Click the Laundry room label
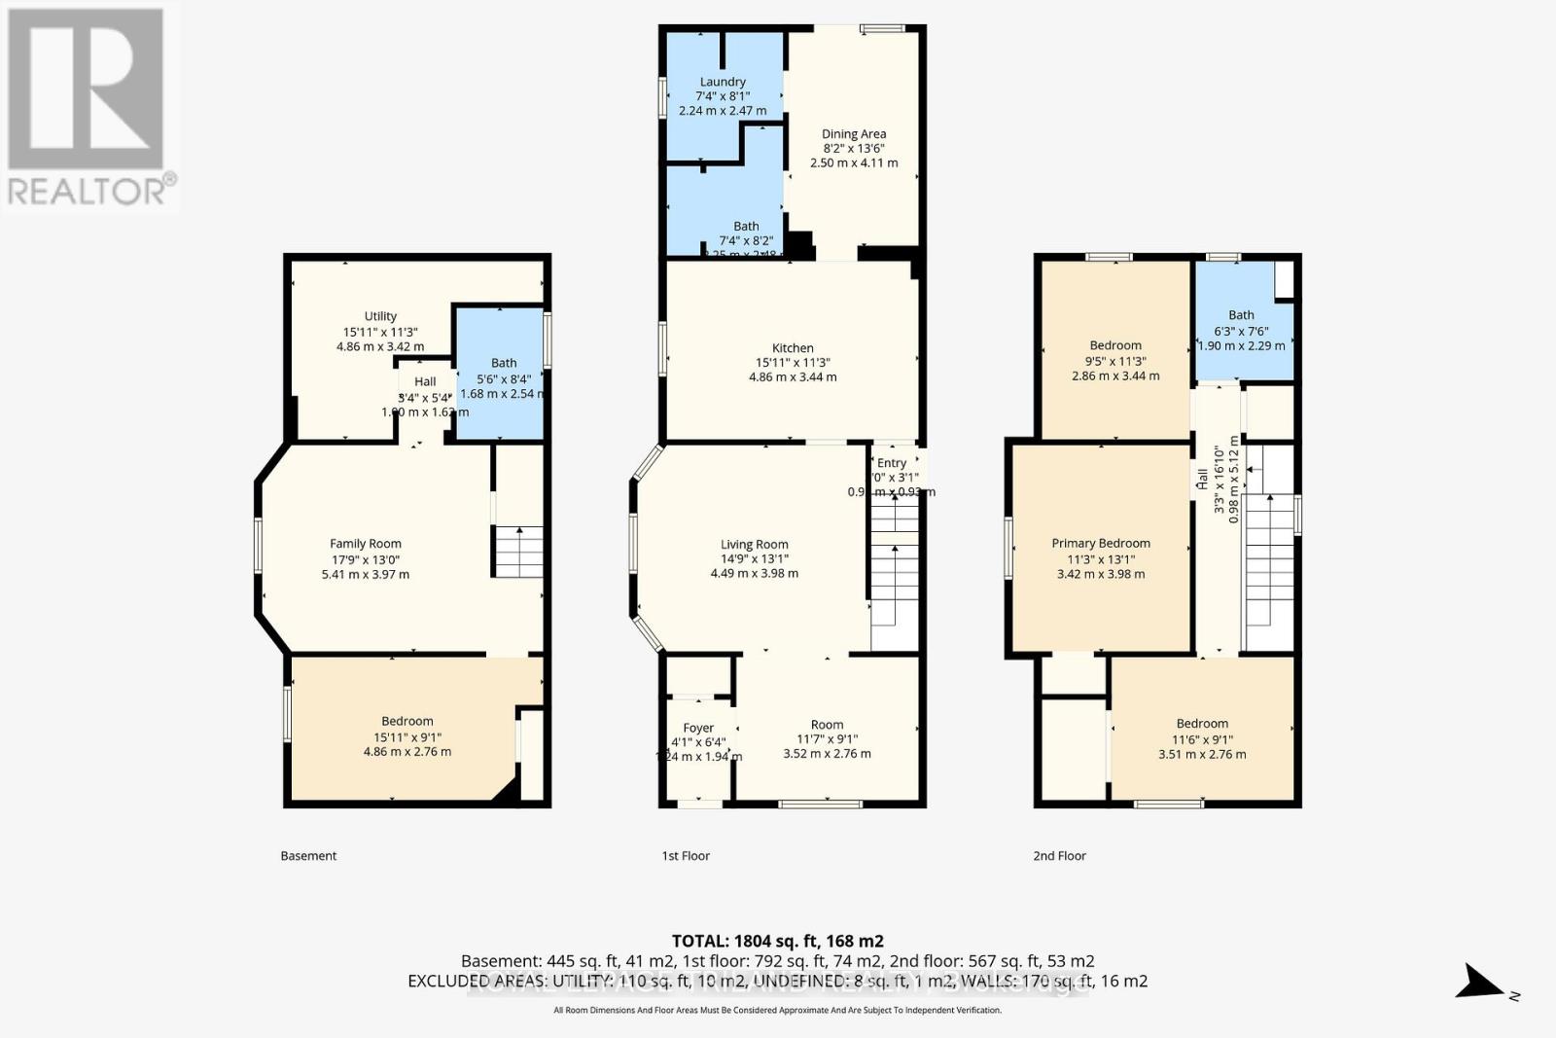pos(723,82)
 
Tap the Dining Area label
pos(854,134)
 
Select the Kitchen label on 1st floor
pos(793,347)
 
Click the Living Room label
pos(754,545)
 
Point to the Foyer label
pos(698,728)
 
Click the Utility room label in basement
pos(380,316)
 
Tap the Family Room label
pos(365,544)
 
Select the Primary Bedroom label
pos(1101,543)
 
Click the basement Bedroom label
pos(407,721)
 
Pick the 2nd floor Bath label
pos(1241,314)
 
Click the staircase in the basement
pos(518,552)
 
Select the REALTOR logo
pos(88,107)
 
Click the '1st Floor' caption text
pos(686,856)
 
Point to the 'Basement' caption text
pos(308,856)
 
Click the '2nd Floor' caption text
pos(1059,856)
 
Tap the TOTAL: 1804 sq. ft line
pos(777,941)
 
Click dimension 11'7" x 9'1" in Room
pos(827,739)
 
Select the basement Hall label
pos(425,381)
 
